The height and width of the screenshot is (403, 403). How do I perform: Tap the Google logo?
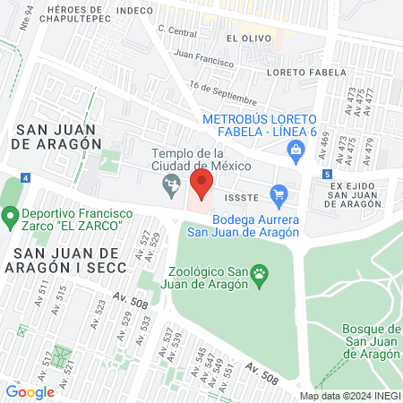pos(30,391)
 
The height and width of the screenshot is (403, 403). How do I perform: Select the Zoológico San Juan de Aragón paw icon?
pos(260,272)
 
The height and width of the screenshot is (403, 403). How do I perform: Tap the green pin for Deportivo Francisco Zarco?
pos(12,216)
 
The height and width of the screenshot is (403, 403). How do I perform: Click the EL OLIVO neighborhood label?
pos(244,39)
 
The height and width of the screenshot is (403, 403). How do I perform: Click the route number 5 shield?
pos(328,173)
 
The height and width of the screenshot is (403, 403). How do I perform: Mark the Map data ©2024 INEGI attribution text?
pos(348,396)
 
